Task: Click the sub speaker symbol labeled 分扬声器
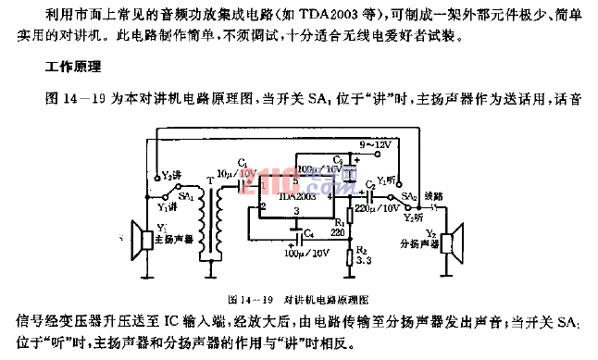449,242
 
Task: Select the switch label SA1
186,196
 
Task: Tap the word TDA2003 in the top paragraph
249,18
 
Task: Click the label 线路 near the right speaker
433,196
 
